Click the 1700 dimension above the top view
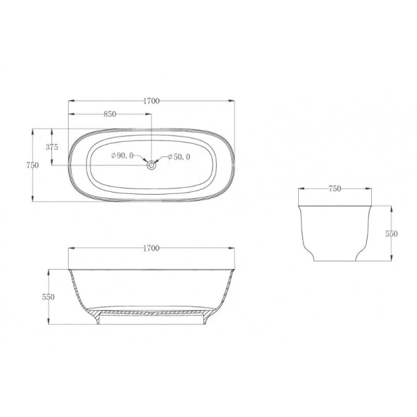pyautogui.click(x=152, y=101)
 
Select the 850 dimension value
pyautogui.click(x=109, y=115)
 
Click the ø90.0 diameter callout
pyautogui.click(x=123, y=157)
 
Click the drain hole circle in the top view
pyautogui.click(x=152, y=165)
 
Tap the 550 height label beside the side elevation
pyautogui.click(x=48, y=297)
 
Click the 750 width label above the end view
pyautogui.click(x=334, y=188)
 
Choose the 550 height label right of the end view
pyautogui.click(x=391, y=234)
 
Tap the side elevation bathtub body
pyautogui.click(x=152, y=288)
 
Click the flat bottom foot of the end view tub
pyautogui.click(x=334, y=261)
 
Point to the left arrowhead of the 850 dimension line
pyautogui.click(x=70, y=115)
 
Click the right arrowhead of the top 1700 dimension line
pyautogui.click(x=233, y=101)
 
